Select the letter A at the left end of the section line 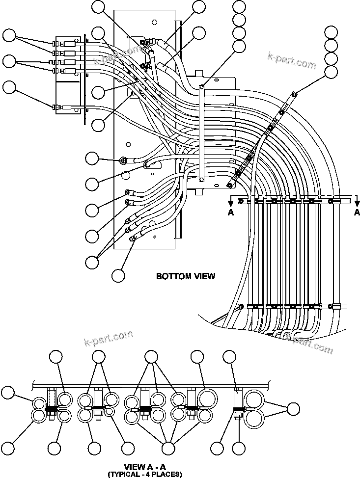click(x=231, y=212)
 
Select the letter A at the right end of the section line click(x=357, y=212)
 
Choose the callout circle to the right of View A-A click(x=293, y=408)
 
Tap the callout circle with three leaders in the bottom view click(x=92, y=262)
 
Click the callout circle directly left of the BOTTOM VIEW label click(x=118, y=276)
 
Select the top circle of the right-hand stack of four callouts click(x=332, y=33)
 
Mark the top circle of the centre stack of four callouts click(x=239, y=7)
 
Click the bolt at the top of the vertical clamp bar click(x=201, y=87)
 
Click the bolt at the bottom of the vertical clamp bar click(x=201, y=180)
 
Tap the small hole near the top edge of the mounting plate click(x=154, y=22)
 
